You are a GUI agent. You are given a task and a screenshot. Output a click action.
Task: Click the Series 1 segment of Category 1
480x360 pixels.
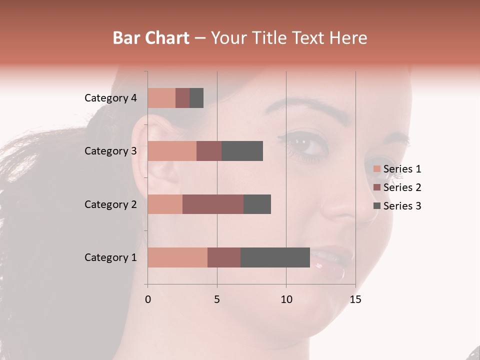(177, 257)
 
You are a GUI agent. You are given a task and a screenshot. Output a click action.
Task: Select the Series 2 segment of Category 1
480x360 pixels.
(224, 257)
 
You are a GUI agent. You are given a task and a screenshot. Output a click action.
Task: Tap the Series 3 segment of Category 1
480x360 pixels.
(275, 257)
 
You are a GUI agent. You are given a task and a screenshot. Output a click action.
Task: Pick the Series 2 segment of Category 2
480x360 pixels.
(213, 204)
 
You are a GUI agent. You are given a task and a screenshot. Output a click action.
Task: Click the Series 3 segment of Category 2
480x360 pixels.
(257, 204)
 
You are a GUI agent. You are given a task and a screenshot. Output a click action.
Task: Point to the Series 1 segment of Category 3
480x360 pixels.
(172, 151)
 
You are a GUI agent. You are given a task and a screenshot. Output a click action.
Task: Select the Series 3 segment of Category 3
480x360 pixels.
(242, 151)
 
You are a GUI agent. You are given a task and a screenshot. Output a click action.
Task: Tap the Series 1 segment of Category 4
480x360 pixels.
(161, 98)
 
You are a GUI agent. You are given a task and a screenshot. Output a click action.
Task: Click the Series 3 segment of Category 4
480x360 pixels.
(196, 98)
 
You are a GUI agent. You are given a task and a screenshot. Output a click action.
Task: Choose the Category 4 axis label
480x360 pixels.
(110, 98)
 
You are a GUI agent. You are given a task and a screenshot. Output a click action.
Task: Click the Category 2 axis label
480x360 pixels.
(110, 204)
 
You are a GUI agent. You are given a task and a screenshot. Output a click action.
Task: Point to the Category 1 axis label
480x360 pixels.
(110, 257)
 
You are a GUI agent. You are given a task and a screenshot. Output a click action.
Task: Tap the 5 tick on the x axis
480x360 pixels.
(217, 299)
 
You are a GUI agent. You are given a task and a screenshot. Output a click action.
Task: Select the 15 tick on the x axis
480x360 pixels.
(355, 299)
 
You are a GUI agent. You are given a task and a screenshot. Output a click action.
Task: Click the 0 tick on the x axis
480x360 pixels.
(148, 299)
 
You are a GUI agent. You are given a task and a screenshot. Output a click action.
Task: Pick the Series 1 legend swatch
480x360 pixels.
(377, 169)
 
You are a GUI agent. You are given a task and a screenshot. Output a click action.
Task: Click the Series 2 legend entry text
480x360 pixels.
(402, 187)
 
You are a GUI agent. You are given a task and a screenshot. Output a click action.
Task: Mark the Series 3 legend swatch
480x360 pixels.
(377, 206)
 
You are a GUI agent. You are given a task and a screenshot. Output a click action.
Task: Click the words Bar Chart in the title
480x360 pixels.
(151, 37)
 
